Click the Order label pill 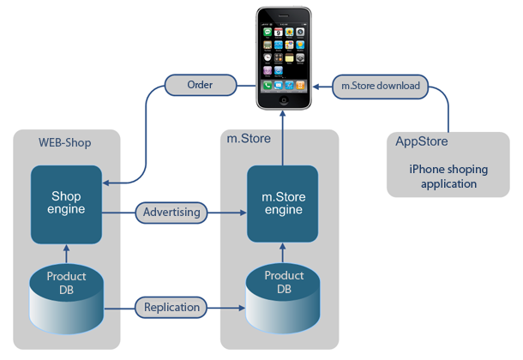(x=199, y=85)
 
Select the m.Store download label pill (x=380, y=85)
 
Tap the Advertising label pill (x=171, y=212)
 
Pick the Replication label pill (x=171, y=307)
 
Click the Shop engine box (x=67, y=204)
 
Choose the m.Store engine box (x=283, y=204)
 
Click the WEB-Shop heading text (x=64, y=142)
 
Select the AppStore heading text (x=422, y=141)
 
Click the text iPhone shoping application (x=442, y=177)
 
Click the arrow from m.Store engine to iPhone (x=283, y=137)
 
